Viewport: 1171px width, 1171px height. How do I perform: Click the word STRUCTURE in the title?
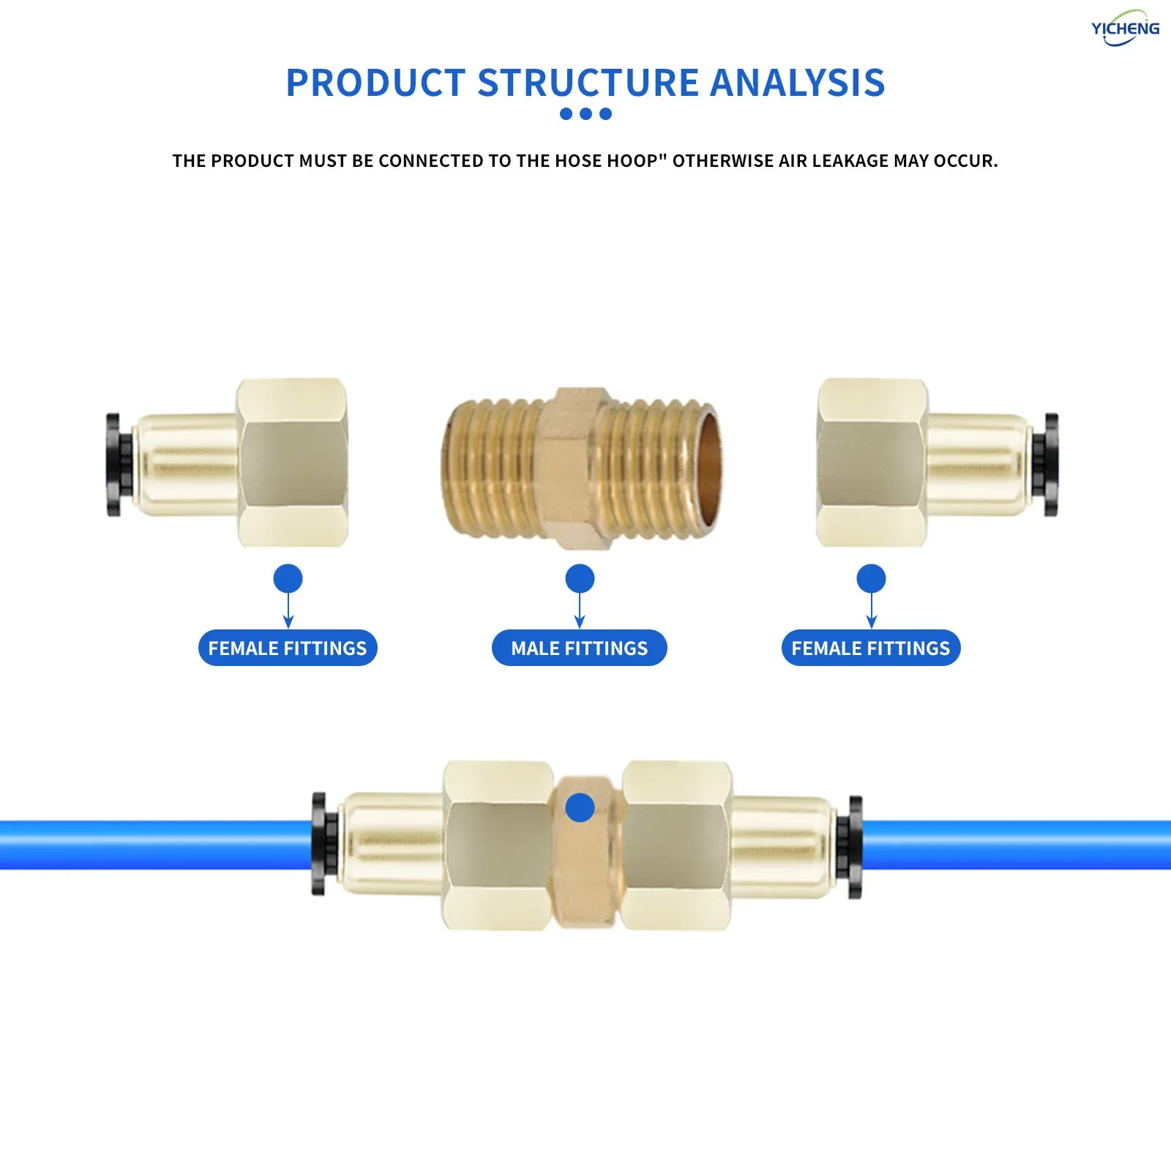[x=588, y=83]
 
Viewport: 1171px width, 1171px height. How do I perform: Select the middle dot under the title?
[x=585, y=113]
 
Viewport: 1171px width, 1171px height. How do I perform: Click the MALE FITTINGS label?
[x=579, y=648]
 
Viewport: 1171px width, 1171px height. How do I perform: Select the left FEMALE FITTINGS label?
[x=288, y=648]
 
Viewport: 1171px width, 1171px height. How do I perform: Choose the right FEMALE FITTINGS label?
[x=870, y=648]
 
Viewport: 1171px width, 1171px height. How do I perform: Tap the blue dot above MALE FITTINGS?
[x=580, y=579]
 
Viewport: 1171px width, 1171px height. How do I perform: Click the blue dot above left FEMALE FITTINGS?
[x=288, y=579]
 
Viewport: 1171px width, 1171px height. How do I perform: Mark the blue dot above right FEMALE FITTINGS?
[x=871, y=579]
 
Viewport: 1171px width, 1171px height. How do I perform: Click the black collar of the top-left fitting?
[x=114, y=465]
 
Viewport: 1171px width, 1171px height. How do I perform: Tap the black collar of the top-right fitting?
[x=1050, y=465]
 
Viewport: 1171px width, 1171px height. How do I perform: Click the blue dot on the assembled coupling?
[x=580, y=808]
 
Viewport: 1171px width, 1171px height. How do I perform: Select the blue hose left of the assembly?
[x=146, y=845]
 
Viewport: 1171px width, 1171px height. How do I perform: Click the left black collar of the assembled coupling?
[x=319, y=843]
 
